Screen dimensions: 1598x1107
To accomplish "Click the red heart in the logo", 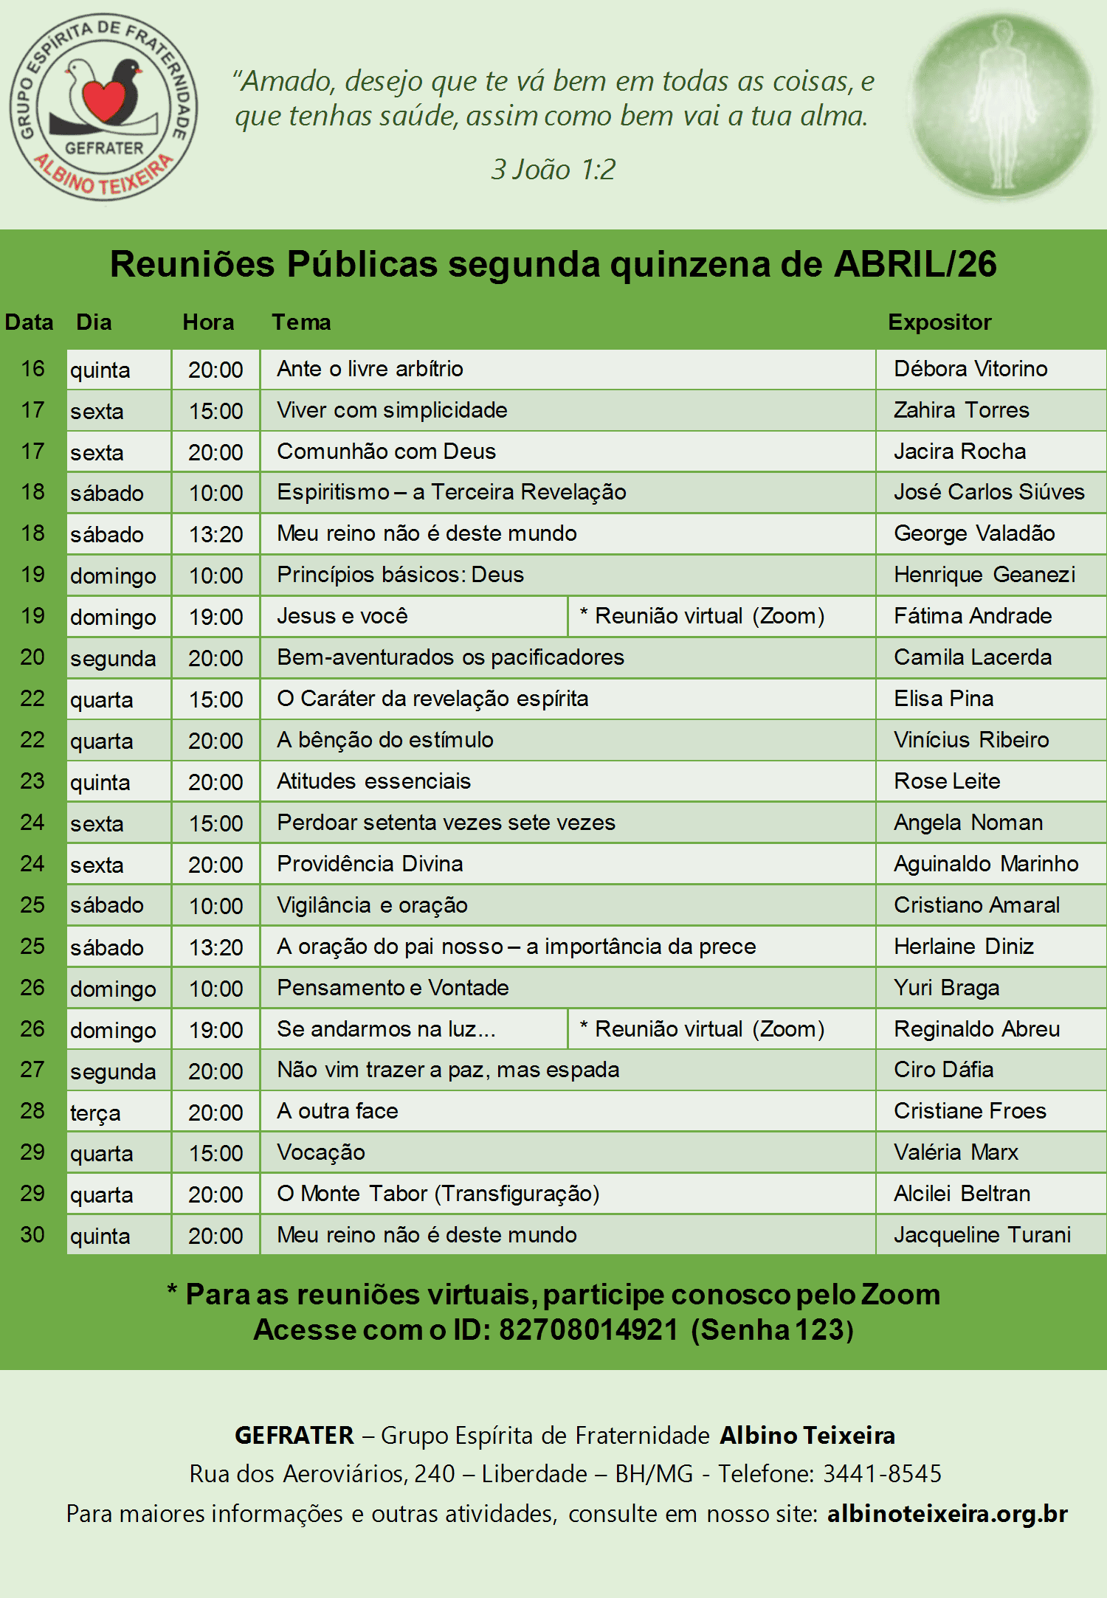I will coord(103,100).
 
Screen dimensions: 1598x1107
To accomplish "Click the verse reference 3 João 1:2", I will coord(553,170).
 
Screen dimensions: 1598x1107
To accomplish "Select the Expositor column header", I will coord(939,322).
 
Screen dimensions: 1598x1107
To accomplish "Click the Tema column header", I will coord(301,322).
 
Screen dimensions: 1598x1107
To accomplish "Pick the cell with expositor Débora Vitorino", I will coord(970,369).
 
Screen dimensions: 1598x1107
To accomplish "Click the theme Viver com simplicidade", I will coord(392,410).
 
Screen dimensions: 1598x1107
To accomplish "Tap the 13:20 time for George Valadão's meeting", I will coord(215,534).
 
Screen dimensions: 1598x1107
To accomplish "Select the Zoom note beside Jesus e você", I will coord(702,616).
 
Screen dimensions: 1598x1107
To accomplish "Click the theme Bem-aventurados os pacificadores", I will coord(450,657).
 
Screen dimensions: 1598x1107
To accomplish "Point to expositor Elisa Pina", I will coord(943,699).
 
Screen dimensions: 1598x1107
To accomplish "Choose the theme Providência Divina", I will coord(370,864).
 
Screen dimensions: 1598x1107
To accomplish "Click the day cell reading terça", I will coord(95,1113).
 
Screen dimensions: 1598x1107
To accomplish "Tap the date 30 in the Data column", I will coord(32,1235).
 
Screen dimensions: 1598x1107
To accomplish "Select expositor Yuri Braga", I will coord(946,988).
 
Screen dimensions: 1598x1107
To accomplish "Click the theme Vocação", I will coord(321,1152).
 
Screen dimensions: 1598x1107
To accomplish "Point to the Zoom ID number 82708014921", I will coord(588,1330).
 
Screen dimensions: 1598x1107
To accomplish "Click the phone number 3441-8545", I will coord(882,1474).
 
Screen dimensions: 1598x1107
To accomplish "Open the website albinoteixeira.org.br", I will coord(947,1514).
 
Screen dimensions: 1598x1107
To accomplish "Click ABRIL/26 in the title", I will coord(915,264).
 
